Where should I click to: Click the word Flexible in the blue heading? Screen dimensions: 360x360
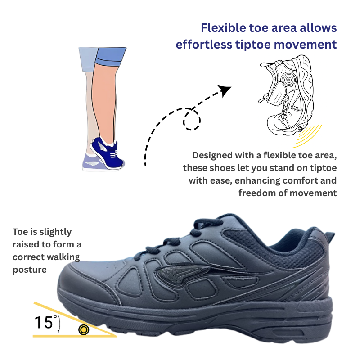pyautogui.click(x=220, y=28)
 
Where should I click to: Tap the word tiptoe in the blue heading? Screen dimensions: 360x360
pyautogui.click(x=253, y=45)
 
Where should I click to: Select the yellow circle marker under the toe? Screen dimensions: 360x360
pyautogui.click(x=84, y=330)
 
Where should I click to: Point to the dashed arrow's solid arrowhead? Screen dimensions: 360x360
pyautogui.click(x=225, y=90)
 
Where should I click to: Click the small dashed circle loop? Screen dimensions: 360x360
pyautogui.click(x=192, y=119)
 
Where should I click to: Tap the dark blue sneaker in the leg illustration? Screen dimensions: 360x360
pyautogui.click(x=107, y=153)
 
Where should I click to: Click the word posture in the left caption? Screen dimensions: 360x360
pyautogui.click(x=30, y=270)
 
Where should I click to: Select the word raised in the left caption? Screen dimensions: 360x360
pyautogui.click(x=26, y=244)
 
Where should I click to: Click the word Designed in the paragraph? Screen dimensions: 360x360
pyautogui.click(x=212, y=156)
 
